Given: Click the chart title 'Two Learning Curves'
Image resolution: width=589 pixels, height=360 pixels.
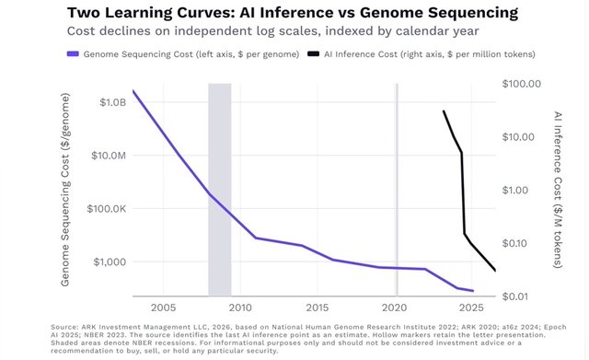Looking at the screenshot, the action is click(x=148, y=13).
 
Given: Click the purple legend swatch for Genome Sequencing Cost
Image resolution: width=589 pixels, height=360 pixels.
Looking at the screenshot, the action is click(x=73, y=54).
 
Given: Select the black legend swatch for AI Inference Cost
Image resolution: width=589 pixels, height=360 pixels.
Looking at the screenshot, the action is click(x=313, y=54).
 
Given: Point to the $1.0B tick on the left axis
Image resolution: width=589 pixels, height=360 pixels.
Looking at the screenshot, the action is click(x=113, y=102).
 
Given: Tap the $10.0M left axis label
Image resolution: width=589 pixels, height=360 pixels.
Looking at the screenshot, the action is click(x=109, y=156).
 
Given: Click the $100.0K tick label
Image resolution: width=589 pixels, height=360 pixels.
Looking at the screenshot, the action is click(x=107, y=209).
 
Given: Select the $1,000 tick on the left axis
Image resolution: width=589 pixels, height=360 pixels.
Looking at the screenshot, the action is click(x=110, y=261).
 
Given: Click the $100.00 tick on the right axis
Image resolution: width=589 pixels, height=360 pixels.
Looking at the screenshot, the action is click(x=522, y=84).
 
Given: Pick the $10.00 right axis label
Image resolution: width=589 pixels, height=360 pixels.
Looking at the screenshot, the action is click(x=518, y=137).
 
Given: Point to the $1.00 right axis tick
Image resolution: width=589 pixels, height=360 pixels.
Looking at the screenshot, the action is click(x=515, y=191).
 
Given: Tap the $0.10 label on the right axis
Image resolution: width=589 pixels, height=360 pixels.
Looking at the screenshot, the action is click(x=515, y=243).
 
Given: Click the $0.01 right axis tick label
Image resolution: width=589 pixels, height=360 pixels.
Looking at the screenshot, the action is click(x=515, y=296).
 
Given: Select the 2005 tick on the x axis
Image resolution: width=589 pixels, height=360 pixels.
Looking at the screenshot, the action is click(x=164, y=308).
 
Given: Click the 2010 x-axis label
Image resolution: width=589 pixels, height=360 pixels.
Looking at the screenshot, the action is click(x=240, y=308).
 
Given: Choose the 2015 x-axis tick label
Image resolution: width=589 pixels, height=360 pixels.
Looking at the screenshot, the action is click(x=318, y=308).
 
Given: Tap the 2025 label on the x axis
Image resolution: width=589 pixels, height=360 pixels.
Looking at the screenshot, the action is click(x=471, y=308).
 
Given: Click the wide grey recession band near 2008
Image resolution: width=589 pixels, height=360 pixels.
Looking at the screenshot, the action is click(x=220, y=190).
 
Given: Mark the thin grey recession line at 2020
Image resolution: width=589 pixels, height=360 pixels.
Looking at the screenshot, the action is click(x=397, y=190).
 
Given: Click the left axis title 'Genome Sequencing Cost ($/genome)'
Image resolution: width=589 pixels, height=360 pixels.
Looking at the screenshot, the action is click(x=65, y=190).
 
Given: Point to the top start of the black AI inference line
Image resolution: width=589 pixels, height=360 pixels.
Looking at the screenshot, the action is click(x=444, y=110).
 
